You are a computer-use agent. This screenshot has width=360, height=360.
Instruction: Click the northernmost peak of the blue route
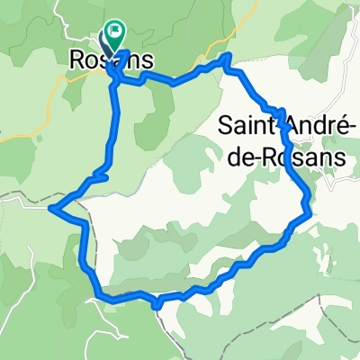(x=227, y=57)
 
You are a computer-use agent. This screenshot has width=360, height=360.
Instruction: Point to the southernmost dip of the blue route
(x=157, y=305)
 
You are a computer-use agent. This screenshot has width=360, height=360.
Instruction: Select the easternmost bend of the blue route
(x=309, y=211)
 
